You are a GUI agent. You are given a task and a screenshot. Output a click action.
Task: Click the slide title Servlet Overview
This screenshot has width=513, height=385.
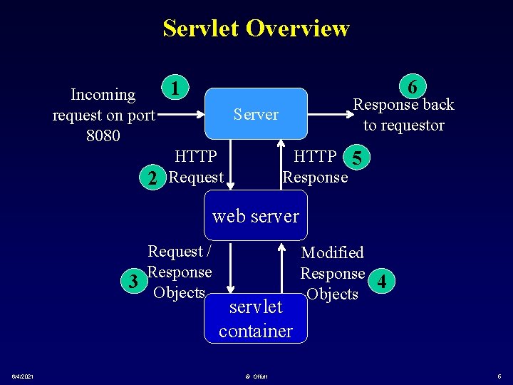point(256,29)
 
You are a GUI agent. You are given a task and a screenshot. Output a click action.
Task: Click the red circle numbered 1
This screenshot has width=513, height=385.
point(175,88)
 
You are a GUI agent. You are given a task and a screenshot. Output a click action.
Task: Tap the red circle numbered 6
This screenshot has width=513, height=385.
point(413,87)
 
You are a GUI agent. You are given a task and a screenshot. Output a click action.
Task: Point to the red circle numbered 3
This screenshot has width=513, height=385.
point(133,281)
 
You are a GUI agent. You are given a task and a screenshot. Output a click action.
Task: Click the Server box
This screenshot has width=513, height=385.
point(256,114)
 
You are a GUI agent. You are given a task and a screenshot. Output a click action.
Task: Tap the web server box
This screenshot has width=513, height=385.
point(256,215)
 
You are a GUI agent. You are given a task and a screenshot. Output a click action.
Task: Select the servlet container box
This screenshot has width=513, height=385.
point(256,319)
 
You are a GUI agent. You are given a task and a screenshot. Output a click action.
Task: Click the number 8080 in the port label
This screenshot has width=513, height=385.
point(103,135)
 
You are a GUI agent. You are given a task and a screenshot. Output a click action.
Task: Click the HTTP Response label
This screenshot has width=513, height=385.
point(316,166)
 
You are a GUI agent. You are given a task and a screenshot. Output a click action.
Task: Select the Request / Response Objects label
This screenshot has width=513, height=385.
point(179,272)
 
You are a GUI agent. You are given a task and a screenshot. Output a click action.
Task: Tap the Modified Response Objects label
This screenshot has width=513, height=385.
point(332,273)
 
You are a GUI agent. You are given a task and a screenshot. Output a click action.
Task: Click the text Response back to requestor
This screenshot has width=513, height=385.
point(403,115)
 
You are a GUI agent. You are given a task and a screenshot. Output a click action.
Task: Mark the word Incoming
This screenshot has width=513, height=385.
point(103,95)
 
